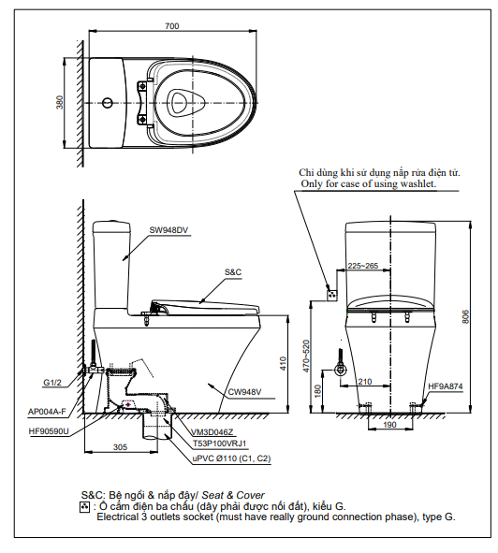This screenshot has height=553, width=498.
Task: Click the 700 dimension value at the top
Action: click(x=172, y=26)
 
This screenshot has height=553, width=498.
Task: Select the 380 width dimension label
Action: click(x=60, y=102)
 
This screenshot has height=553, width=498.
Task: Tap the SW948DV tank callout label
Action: click(x=168, y=230)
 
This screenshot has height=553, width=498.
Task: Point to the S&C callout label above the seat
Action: click(x=233, y=272)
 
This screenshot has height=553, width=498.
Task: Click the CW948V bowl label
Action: click(x=244, y=392)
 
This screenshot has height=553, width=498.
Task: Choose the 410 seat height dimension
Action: click(x=283, y=364)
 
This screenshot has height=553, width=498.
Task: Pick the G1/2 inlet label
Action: click(x=52, y=383)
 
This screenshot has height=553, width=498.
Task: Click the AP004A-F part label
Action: click(x=47, y=412)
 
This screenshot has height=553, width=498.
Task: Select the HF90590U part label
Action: click(x=49, y=431)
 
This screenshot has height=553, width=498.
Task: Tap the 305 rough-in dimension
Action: click(x=120, y=447)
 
